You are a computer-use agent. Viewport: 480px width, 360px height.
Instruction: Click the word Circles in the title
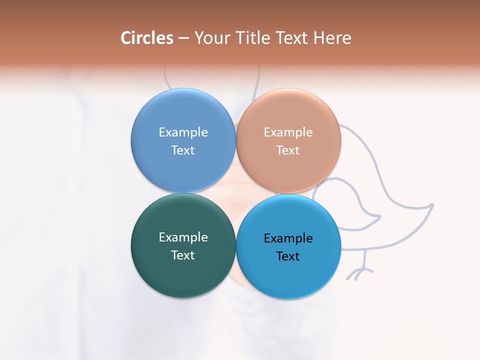147,38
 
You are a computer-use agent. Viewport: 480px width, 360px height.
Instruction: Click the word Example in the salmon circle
288,132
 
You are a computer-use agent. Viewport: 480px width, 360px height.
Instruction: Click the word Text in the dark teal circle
183,255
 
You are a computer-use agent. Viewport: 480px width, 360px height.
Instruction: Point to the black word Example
288,238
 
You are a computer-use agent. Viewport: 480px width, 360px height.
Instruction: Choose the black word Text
288,256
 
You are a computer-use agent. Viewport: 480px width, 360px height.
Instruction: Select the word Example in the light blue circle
183,132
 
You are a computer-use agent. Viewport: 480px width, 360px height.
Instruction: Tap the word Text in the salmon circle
288,150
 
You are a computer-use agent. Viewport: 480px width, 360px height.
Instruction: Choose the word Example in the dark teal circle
183,237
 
